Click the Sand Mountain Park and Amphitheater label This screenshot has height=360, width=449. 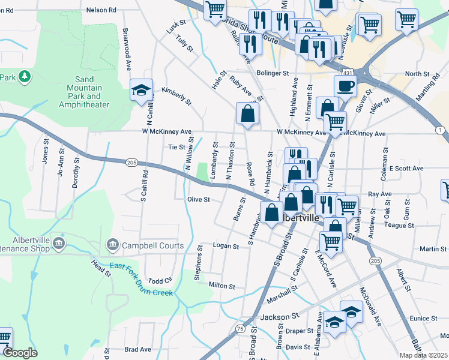84,92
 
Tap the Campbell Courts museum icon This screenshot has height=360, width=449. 112,244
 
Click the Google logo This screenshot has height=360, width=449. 20,353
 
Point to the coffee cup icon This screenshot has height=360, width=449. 345,85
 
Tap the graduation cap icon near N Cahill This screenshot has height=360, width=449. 141,91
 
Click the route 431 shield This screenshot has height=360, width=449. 348,73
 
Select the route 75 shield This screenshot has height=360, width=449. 240,328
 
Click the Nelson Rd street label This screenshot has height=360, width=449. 101,10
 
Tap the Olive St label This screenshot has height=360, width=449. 198,199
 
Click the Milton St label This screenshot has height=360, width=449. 222,287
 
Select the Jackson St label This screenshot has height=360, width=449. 279,316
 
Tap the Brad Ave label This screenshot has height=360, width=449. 137,349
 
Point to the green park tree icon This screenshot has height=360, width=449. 24,77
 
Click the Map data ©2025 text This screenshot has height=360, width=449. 423,355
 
